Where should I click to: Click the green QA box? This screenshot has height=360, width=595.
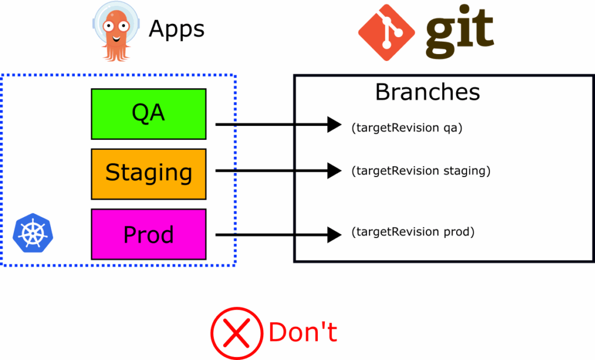149,114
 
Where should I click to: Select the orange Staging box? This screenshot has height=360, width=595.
149,174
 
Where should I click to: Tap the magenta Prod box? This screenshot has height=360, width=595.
149,235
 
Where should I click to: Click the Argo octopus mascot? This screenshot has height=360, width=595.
114,31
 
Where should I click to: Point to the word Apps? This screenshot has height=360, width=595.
177,28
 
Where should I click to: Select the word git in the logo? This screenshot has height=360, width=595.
459,32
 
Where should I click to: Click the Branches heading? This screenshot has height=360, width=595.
428,92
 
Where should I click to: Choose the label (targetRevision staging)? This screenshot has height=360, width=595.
421,171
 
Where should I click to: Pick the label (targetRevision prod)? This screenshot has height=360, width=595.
413,232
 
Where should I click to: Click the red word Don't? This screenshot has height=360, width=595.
303,333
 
